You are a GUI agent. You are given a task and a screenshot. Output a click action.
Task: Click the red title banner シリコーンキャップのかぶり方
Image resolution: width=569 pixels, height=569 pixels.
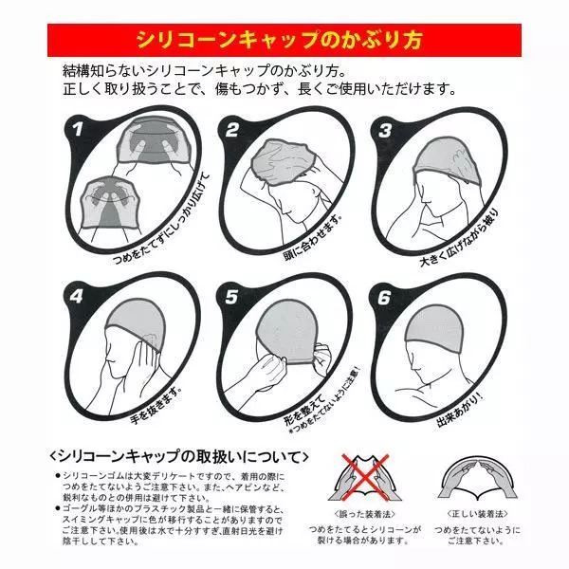click(284, 41)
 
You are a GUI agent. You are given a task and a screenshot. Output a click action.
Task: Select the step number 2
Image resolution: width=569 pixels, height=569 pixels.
click(230, 131)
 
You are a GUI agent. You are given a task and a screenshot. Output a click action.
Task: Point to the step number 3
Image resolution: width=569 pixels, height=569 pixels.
click(385, 130)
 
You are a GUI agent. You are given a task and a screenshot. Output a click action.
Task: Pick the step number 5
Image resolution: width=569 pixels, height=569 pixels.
click(230, 295)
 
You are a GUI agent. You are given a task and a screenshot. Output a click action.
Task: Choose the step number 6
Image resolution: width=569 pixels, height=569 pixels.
click(385, 295)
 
